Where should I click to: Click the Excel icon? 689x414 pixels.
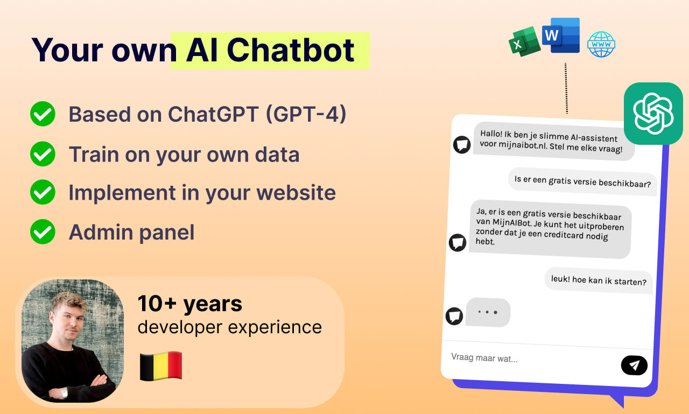tap(524, 41)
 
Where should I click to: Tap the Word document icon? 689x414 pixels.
tap(561, 35)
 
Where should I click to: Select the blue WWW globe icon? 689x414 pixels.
tap(601, 44)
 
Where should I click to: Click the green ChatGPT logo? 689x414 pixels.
tap(653, 114)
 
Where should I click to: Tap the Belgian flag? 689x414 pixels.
tap(161, 366)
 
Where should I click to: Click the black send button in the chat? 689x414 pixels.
tap(634, 365)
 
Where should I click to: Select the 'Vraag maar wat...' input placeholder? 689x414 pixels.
tap(484, 357)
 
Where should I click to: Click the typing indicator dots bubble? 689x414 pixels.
tap(488, 312)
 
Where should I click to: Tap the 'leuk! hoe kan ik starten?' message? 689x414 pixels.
tap(599, 280)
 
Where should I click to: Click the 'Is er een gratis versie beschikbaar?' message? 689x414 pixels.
tap(582, 181)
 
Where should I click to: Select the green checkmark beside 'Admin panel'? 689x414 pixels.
tap(43, 231)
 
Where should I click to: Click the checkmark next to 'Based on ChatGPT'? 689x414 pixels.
tap(43, 114)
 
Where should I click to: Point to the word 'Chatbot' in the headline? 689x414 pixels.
tap(291, 50)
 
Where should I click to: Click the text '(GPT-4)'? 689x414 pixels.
tap(306, 115)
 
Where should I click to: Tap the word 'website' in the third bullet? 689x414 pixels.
tap(296, 193)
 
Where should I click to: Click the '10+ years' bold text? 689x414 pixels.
tap(190, 304)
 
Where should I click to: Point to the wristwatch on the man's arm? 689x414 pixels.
tap(64, 392)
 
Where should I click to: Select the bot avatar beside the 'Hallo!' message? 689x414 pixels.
tap(462, 145)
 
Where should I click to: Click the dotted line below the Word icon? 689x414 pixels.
tap(566, 88)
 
